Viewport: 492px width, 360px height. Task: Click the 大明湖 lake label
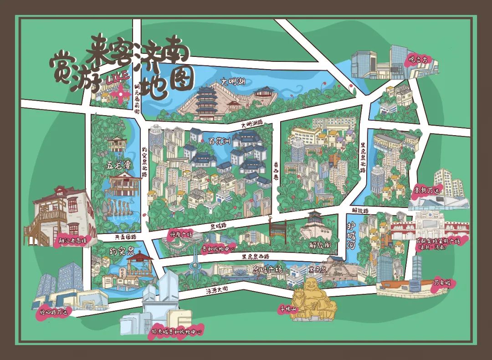[x=233, y=81]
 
